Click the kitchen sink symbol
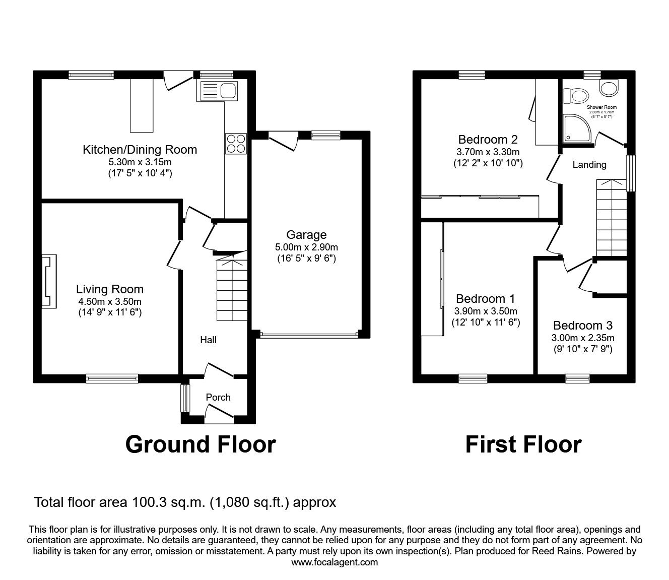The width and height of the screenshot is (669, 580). [x=219, y=91]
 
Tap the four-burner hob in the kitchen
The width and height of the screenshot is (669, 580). [x=236, y=143]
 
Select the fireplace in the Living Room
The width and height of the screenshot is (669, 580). [x=49, y=281]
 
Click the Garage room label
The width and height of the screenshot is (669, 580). [x=306, y=235]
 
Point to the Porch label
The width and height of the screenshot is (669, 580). [x=218, y=398]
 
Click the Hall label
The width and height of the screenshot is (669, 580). [x=208, y=340]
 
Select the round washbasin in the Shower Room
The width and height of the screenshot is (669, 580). [x=610, y=88]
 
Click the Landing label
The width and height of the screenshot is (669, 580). [x=589, y=165]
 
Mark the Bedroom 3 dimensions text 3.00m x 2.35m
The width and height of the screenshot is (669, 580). [x=582, y=338]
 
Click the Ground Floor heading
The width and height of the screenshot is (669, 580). [x=200, y=444]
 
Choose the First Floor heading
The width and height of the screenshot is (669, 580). [x=523, y=444]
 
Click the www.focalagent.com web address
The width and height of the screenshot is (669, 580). [x=335, y=562]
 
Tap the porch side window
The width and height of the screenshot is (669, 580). [x=185, y=398]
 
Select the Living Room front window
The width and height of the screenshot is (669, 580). [x=112, y=378]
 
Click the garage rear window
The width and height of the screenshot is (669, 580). [x=325, y=135]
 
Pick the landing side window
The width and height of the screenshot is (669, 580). [x=630, y=173]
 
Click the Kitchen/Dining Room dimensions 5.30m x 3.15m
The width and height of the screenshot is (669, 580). [x=140, y=162]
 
